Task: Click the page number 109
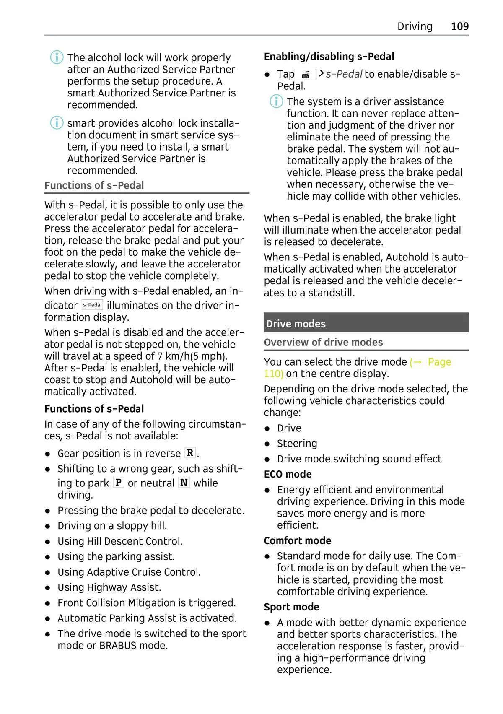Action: click(459, 26)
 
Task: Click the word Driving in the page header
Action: click(415, 26)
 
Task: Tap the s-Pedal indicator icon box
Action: click(92, 305)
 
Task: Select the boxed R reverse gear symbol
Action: click(190, 453)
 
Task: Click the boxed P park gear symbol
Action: click(119, 483)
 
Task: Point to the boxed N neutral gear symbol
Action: click(184, 483)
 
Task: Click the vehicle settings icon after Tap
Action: click(306, 75)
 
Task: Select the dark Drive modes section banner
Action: click(366, 323)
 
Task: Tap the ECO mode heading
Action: click(288, 474)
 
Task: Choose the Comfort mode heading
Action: click(297, 540)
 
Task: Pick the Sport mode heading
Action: click(291, 607)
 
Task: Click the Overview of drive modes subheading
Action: click(323, 342)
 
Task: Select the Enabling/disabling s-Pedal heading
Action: click(329, 56)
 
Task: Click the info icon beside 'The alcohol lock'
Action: click(57, 57)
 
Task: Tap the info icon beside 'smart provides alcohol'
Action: click(57, 123)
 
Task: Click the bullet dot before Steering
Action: click(267, 444)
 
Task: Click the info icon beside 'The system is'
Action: click(276, 101)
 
